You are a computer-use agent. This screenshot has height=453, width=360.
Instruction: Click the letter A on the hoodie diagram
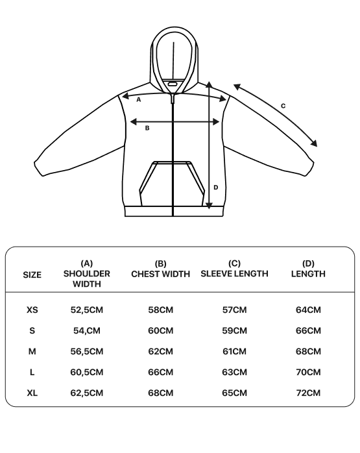coord(139,100)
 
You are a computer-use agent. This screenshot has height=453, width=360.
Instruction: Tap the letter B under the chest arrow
coord(147,128)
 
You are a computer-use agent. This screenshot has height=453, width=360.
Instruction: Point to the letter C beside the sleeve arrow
coord(283,106)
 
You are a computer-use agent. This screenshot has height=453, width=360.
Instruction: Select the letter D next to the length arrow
coord(215,188)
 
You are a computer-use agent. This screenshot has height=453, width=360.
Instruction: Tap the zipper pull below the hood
coord(173,97)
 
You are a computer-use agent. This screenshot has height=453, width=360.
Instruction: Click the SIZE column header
coord(32,275)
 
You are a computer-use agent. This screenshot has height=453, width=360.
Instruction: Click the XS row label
coord(32,310)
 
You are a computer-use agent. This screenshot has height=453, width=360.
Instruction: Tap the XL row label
coord(32,393)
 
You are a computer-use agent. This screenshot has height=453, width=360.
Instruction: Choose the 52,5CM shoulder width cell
coord(87,310)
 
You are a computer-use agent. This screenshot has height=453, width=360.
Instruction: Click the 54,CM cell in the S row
coord(87,331)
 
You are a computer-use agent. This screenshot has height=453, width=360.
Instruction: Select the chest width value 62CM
coord(160,352)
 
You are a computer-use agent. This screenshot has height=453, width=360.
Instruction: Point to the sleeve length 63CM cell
coord(234,373)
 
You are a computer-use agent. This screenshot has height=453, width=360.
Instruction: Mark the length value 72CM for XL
coord(308,393)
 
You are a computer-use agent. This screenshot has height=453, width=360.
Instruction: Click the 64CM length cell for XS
coord(308,310)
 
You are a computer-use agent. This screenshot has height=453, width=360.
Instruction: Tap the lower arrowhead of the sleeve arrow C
coord(314,143)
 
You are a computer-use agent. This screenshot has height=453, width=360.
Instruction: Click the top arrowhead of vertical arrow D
coord(210,84)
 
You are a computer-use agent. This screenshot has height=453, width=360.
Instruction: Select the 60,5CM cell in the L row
coord(87,373)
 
